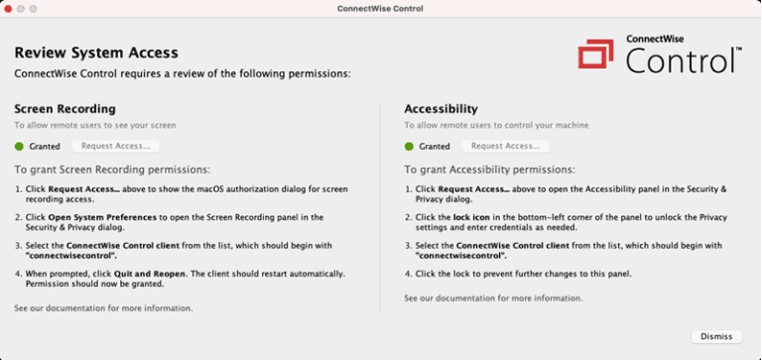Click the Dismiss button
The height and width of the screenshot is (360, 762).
click(x=715, y=336)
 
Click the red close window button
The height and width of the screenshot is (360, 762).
click(x=9, y=9)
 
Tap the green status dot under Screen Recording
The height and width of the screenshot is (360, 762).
click(x=19, y=146)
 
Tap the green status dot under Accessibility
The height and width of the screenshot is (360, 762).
click(x=410, y=146)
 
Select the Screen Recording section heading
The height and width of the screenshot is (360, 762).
click(x=64, y=108)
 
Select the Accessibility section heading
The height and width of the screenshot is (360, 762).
click(x=442, y=108)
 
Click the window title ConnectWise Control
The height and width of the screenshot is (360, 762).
click(x=381, y=9)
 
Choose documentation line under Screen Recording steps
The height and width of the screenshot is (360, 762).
click(x=103, y=308)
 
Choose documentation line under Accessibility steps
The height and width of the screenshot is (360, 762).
click(x=493, y=298)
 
